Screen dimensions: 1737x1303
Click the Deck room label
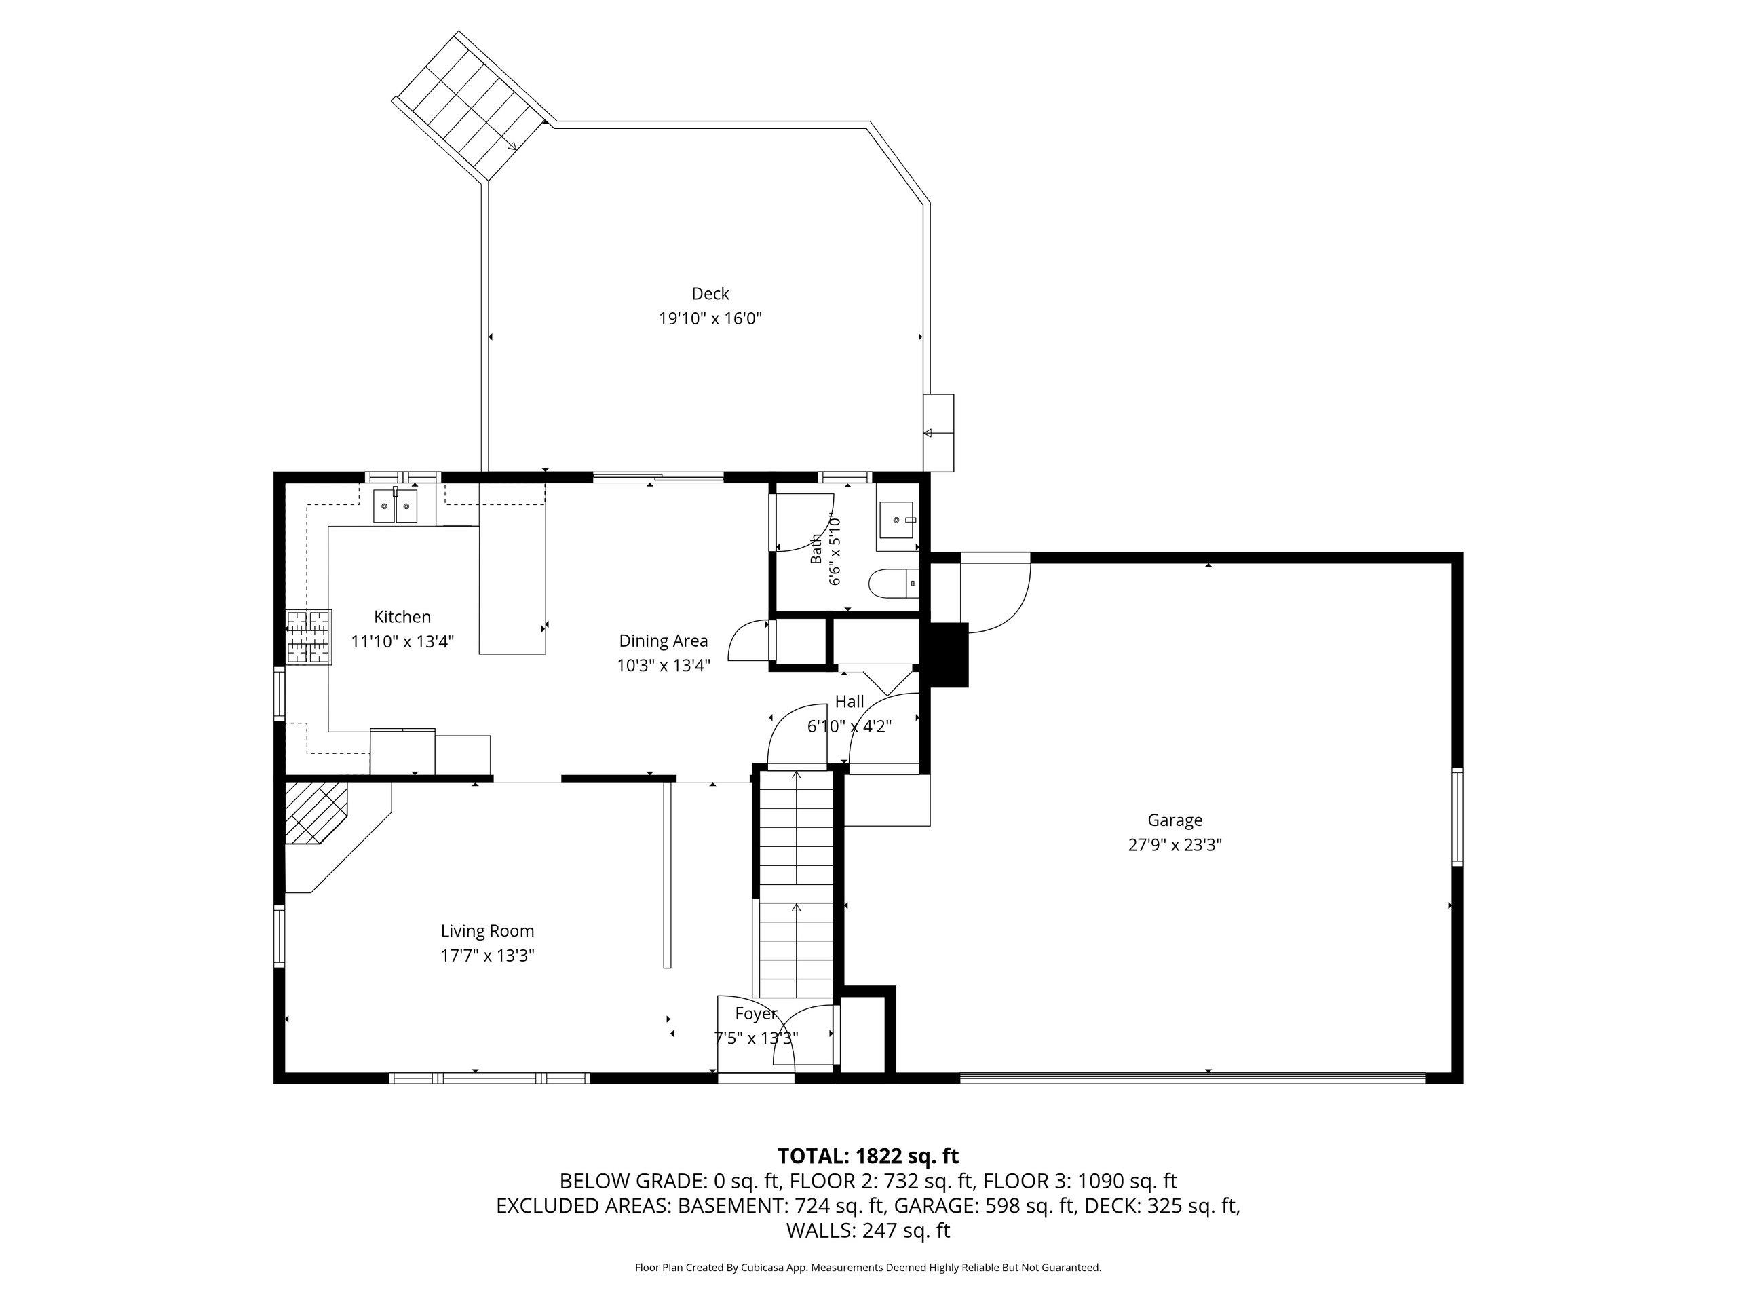click(x=710, y=294)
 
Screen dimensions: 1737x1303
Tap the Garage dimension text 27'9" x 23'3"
click(x=1175, y=845)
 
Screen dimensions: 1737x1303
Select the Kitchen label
click(x=402, y=618)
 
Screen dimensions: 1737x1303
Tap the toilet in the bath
click(x=894, y=584)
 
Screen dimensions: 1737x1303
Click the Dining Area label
click(x=664, y=641)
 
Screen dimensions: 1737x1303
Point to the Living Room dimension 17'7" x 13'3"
click(x=488, y=956)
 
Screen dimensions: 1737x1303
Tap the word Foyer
click(x=755, y=1013)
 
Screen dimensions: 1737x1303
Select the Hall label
click(x=849, y=701)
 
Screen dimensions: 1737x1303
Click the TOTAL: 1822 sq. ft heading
click(x=868, y=1156)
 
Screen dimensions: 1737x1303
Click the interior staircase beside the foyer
click(x=795, y=884)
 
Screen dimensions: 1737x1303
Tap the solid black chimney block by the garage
click(x=948, y=654)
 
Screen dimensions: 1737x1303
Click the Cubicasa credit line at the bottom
click(x=868, y=1267)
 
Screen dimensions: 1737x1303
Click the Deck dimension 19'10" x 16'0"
click(x=710, y=318)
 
